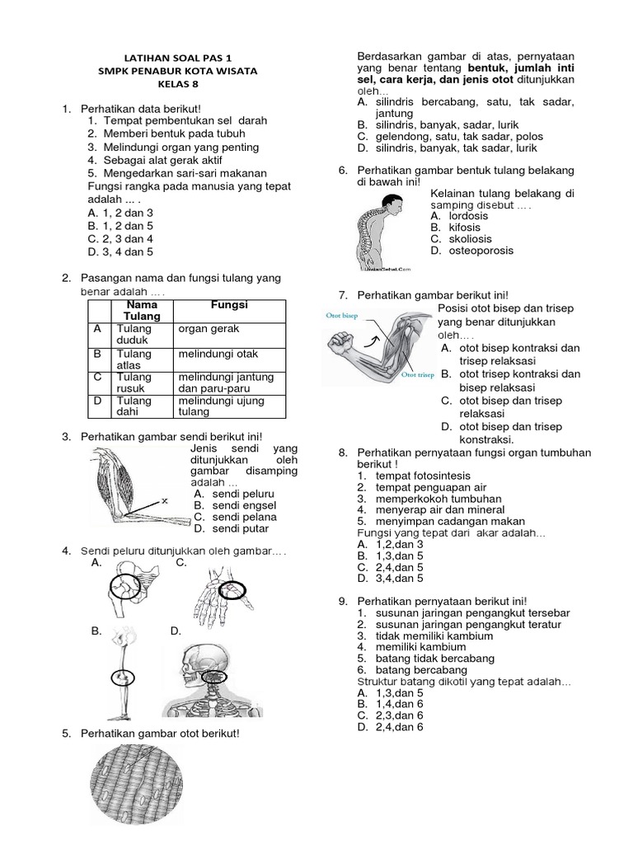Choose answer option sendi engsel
pyautogui.click(x=235, y=505)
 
